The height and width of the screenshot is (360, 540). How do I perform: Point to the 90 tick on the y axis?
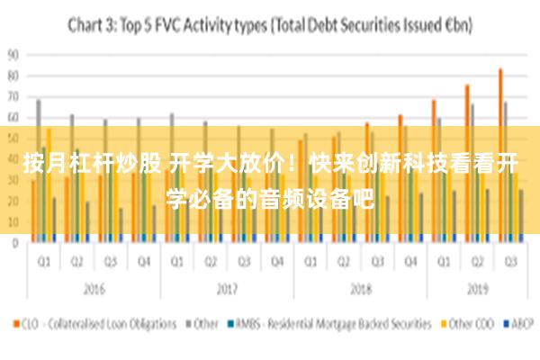tap(13, 54)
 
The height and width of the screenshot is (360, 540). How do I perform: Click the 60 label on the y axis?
tap(13, 117)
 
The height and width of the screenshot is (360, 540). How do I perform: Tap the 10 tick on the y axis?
tap(13, 221)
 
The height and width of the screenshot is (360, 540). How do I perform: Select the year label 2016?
tap(93, 290)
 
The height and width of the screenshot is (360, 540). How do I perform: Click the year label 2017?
tap(227, 290)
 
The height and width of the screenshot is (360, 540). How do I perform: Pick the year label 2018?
tap(360, 290)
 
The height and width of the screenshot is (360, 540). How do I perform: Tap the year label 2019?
tap(477, 290)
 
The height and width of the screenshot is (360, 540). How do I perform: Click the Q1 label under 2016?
tap(42, 263)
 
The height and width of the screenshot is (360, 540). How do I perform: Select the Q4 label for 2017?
tap(277, 263)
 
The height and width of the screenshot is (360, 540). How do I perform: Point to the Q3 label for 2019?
tap(510, 263)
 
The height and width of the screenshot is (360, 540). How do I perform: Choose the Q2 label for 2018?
tap(344, 263)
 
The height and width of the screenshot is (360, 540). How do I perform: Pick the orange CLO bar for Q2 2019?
tap(467, 163)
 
